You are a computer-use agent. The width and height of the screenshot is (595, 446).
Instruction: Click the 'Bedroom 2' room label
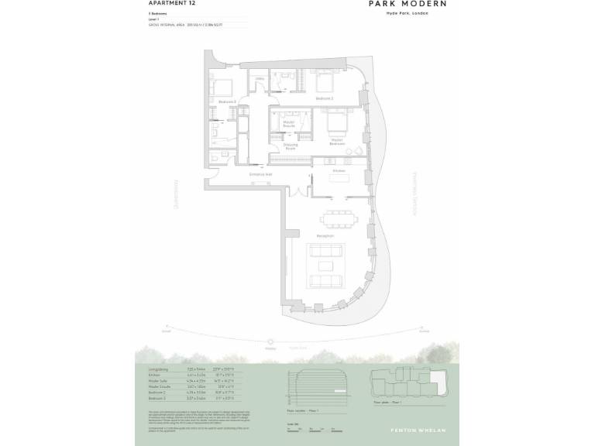tap(325, 99)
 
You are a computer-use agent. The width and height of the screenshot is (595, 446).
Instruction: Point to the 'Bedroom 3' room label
tap(227, 101)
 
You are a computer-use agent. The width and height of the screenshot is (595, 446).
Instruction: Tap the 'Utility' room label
tap(260, 79)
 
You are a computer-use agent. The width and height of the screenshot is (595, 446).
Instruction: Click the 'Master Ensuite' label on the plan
tap(289, 123)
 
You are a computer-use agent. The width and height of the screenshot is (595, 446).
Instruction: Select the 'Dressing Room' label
tap(291, 146)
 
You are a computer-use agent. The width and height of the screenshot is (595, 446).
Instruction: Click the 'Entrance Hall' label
tap(260, 175)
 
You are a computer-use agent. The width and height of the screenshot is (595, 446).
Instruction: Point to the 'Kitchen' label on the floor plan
tap(339, 170)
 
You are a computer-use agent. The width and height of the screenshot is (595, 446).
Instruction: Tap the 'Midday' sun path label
tap(271, 348)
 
